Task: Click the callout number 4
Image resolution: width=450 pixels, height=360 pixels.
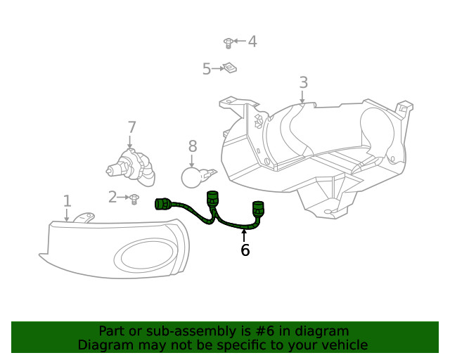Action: pos(252,41)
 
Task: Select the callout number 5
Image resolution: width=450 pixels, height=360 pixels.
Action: pos(207,69)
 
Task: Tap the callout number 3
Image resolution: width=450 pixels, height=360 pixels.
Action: pos(303,83)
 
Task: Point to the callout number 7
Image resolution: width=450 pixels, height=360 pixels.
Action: pos(131,127)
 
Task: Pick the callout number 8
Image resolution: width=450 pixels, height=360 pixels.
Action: pos(193,146)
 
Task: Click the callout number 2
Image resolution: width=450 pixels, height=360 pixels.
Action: pos(112,198)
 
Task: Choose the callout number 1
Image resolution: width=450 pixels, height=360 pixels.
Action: pos(67,202)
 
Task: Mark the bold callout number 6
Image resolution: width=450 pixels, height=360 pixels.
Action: pos(245,250)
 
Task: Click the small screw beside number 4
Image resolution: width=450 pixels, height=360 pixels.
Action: pos(229,44)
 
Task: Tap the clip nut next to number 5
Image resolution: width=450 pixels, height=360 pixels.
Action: pos(229,68)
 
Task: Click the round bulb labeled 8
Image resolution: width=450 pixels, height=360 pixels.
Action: pos(193,175)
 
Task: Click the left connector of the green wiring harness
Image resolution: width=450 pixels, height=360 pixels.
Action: pos(162,205)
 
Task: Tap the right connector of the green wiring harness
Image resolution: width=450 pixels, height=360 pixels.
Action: pos(259,207)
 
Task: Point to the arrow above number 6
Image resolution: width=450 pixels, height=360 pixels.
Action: pos(245,236)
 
